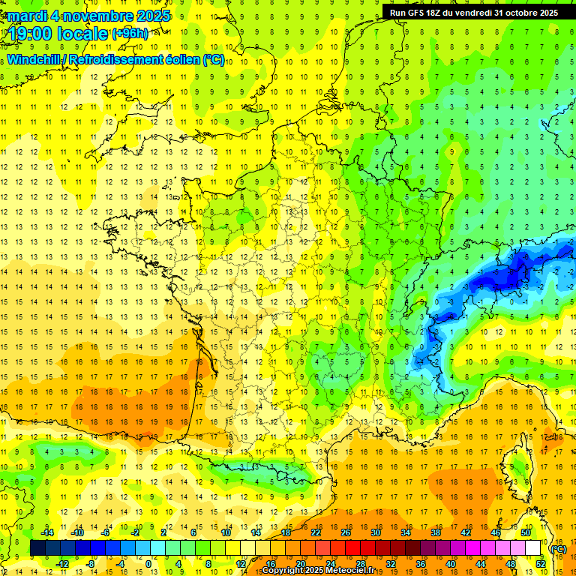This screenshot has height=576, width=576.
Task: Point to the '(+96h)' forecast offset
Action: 129,34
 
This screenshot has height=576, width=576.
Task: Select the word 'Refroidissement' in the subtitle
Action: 120,59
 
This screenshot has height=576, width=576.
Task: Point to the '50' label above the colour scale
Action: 526,532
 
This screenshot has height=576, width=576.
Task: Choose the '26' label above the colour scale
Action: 346,532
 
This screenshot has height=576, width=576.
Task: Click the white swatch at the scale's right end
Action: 533,548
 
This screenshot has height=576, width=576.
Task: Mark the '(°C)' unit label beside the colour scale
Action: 558,548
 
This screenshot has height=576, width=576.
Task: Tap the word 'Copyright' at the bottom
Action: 284,571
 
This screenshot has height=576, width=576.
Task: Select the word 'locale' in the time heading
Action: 84,33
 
